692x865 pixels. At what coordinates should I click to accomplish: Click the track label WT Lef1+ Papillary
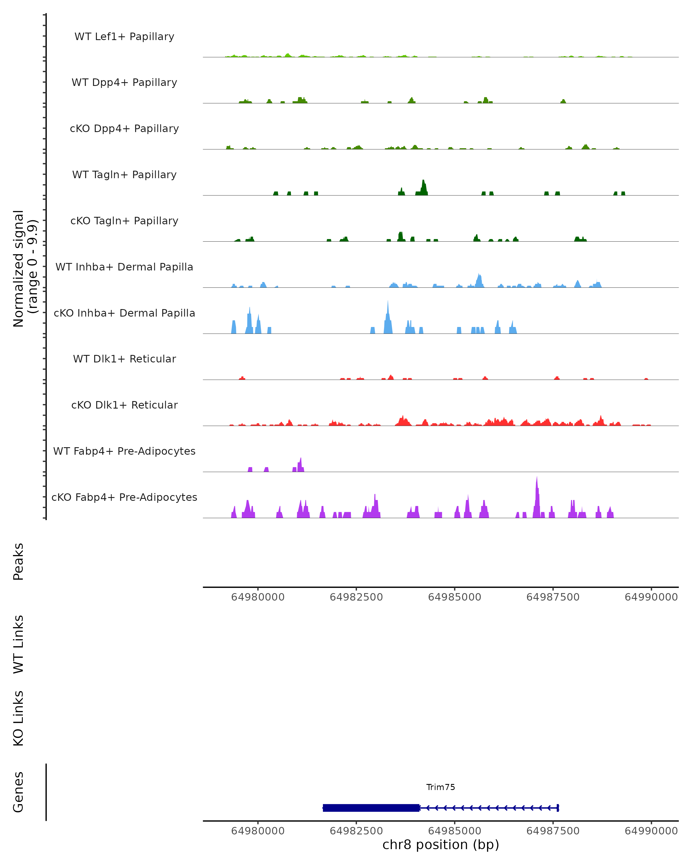click(124, 37)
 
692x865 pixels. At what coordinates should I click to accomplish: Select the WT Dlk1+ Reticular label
click(124, 359)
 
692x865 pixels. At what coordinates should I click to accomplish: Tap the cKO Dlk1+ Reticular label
click(124, 405)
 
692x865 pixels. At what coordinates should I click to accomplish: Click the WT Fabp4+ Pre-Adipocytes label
click(124, 451)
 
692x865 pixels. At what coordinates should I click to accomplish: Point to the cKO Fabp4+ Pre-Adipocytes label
click(124, 497)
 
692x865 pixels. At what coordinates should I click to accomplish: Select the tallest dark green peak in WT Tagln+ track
click(424, 187)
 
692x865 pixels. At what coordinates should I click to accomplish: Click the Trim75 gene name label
click(441, 787)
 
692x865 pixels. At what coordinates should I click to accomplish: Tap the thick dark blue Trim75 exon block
click(371, 808)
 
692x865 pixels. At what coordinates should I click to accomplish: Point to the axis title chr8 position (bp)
click(441, 845)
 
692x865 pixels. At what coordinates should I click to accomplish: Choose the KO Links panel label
click(18, 718)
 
